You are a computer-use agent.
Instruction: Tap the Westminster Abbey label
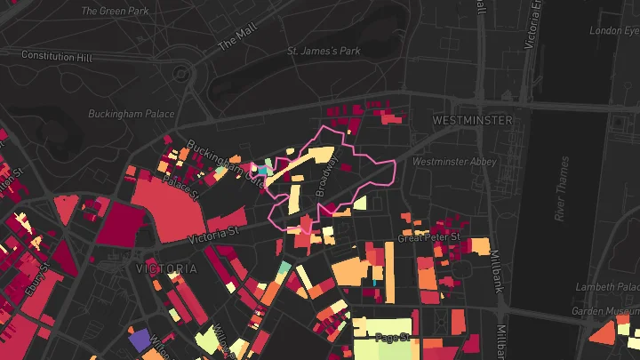point(454,162)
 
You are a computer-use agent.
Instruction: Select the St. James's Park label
point(324,52)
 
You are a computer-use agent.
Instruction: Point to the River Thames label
point(561,188)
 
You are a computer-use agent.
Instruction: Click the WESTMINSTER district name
point(472,119)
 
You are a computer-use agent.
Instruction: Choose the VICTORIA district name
point(166,268)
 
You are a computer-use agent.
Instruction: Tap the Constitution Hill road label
point(57,56)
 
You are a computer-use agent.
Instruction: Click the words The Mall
point(236,36)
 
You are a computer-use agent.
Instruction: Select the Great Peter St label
point(428,238)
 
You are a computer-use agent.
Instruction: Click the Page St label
point(391,338)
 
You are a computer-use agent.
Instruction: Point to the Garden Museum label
point(605,312)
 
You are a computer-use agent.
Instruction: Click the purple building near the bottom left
point(140,340)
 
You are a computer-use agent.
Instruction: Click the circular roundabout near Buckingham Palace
point(183,72)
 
